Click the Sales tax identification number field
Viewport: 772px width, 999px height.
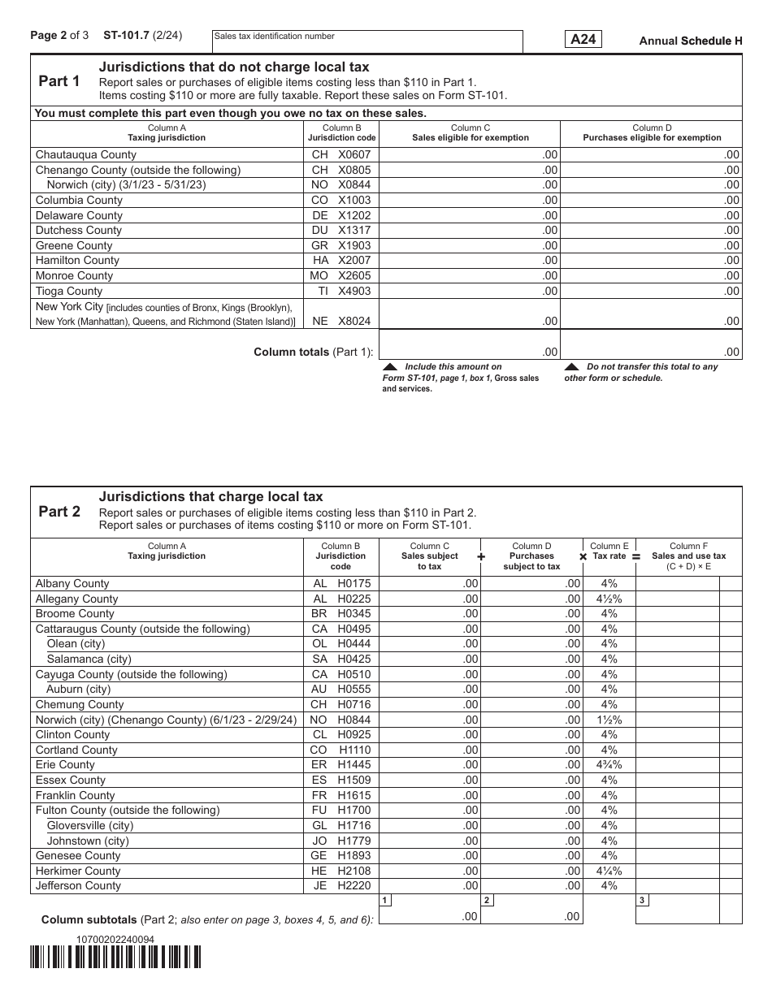click(x=366, y=42)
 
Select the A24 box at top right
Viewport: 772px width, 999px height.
click(x=583, y=40)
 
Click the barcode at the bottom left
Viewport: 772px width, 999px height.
click(x=115, y=958)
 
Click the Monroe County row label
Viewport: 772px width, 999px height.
click(x=74, y=275)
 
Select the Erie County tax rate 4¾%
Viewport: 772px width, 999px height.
click(x=609, y=764)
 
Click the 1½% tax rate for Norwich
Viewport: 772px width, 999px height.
click(x=609, y=720)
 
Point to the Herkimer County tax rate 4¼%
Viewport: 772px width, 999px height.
click(x=609, y=871)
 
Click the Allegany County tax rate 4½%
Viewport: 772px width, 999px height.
click(x=609, y=599)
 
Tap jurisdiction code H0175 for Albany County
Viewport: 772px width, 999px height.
click(x=341, y=583)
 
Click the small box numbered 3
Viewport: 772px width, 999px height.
click(x=642, y=900)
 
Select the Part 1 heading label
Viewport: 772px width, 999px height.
click(x=59, y=81)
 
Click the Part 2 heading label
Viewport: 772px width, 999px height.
click(x=59, y=512)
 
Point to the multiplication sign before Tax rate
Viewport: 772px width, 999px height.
click(x=583, y=557)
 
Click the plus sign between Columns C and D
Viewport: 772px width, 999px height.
click(x=481, y=557)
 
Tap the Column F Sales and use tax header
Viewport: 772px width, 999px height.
click(x=688, y=556)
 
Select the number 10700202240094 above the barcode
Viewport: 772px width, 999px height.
click(x=115, y=939)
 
